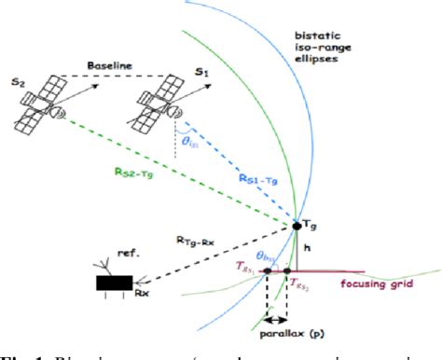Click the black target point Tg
coord(297,225)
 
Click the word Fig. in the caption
coord(14,354)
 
